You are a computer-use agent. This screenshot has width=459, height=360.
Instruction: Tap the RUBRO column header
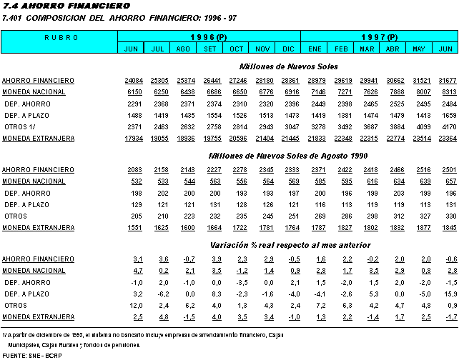coord(58,36)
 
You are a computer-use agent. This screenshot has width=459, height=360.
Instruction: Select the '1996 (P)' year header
coord(209,36)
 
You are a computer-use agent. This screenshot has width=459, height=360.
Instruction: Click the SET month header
coord(210,48)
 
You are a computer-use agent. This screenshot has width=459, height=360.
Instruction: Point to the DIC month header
coord(289,48)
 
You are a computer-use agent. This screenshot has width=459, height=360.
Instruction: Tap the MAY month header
coord(420,48)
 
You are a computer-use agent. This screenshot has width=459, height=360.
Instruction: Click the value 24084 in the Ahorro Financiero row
coord(132,81)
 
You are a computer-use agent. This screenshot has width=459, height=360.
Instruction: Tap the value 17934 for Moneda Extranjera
coord(132,138)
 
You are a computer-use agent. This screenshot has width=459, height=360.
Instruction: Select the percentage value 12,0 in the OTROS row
coord(134,305)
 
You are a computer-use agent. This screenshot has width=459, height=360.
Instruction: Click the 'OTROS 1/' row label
coord(21,126)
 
